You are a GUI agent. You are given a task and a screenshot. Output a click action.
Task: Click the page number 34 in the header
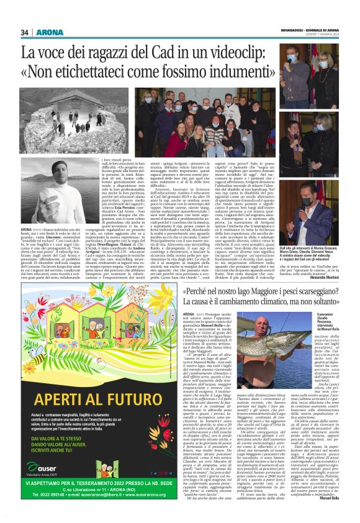(x=25, y=33)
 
